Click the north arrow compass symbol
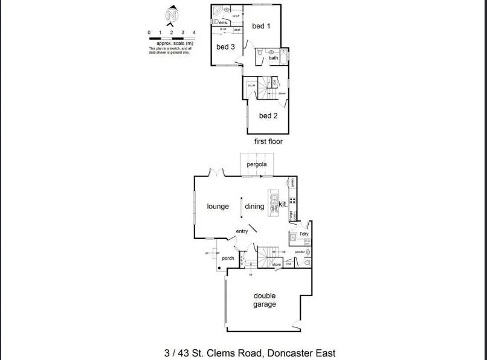[173, 14]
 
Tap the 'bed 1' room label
[261, 26]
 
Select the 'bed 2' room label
[268, 115]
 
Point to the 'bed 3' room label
[225, 47]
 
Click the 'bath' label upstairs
[274, 58]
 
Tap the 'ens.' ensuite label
[223, 22]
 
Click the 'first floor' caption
[268, 141]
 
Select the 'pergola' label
[257, 164]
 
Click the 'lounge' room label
[218, 207]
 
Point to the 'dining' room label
[254, 207]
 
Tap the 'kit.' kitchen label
[283, 204]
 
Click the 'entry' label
[242, 231]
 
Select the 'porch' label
[228, 259]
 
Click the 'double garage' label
[265, 300]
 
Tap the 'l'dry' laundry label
[305, 234]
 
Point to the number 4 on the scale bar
[194, 32]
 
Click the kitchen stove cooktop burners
[292, 201]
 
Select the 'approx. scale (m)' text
[174, 43]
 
